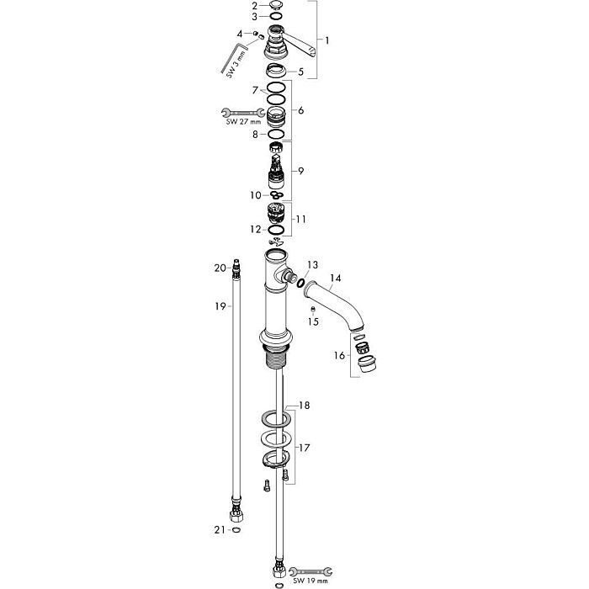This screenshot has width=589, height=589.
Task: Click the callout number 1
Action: point(328,40)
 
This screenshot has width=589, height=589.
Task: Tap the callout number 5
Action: point(300,72)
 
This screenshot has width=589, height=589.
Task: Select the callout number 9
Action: point(300,171)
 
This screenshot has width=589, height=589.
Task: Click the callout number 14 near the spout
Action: point(336,278)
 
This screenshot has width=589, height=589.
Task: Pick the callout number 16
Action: point(339,356)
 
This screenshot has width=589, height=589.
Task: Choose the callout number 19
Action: point(220,307)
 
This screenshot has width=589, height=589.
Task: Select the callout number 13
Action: point(313,265)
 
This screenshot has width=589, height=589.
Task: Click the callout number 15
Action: point(313,321)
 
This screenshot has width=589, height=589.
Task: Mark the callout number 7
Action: point(255,88)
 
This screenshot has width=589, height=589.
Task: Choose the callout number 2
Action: point(256,7)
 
